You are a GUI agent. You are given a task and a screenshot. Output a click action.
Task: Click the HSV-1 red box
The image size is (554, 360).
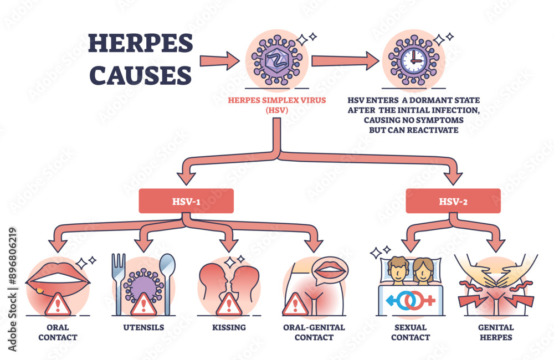tap(186, 200)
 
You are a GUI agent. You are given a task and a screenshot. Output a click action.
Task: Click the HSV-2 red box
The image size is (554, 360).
tap(453, 200)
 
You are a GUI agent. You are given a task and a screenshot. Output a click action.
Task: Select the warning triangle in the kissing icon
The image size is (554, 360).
tap(228, 304)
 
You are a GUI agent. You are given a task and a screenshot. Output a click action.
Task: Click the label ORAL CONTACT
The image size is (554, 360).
tap(58, 332)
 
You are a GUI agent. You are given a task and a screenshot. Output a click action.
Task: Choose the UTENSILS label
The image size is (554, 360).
tap(143, 327)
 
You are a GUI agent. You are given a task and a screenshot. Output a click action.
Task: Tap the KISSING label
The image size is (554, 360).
tap(229, 327)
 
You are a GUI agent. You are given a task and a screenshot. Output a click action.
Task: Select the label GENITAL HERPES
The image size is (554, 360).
tap(495, 332)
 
